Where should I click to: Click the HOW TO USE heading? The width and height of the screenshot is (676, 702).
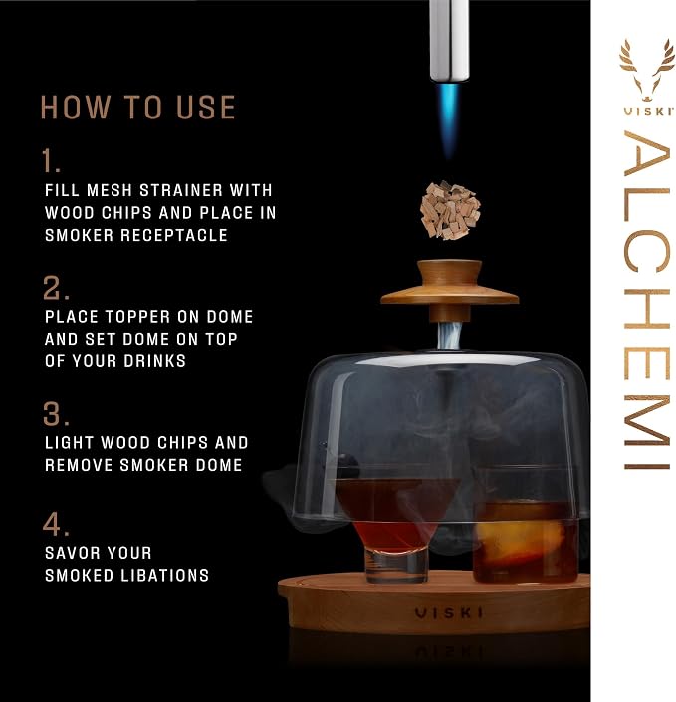tap(137, 108)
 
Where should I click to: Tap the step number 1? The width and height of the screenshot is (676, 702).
tap(51, 161)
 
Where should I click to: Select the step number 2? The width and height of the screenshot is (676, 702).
tap(56, 288)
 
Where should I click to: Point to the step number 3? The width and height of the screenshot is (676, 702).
tap(56, 413)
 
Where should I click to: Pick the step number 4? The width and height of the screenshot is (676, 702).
tap(56, 524)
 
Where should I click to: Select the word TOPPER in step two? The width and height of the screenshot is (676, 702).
tap(137, 317)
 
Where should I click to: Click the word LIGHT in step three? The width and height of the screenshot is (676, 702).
tap(70, 443)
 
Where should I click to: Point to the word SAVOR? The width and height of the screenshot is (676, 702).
tap(72, 553)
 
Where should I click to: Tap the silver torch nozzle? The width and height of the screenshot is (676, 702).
tap(449, 40)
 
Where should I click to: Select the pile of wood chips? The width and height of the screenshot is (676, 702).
tap(449, 209)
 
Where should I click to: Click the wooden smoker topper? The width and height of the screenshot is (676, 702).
tap(449, 290)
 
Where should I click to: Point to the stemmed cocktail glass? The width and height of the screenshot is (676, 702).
tap(396, 529)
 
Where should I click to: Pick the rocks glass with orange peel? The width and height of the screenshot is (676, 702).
tap(525, 524)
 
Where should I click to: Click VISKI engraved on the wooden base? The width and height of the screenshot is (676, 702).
tap(448, 613)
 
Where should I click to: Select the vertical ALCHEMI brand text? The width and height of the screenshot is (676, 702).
tap(647, 300)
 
